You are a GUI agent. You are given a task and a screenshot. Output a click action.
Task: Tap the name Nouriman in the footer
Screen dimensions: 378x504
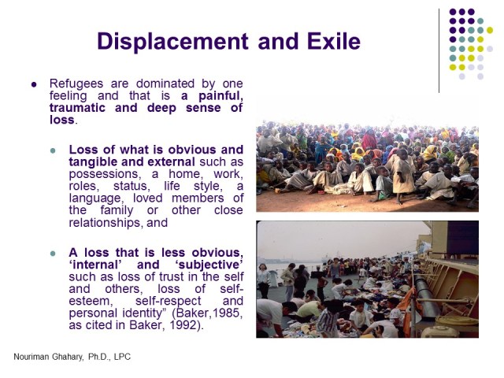pos(33,357)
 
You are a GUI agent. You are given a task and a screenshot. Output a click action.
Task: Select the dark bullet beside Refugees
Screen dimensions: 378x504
pos(34,84)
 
